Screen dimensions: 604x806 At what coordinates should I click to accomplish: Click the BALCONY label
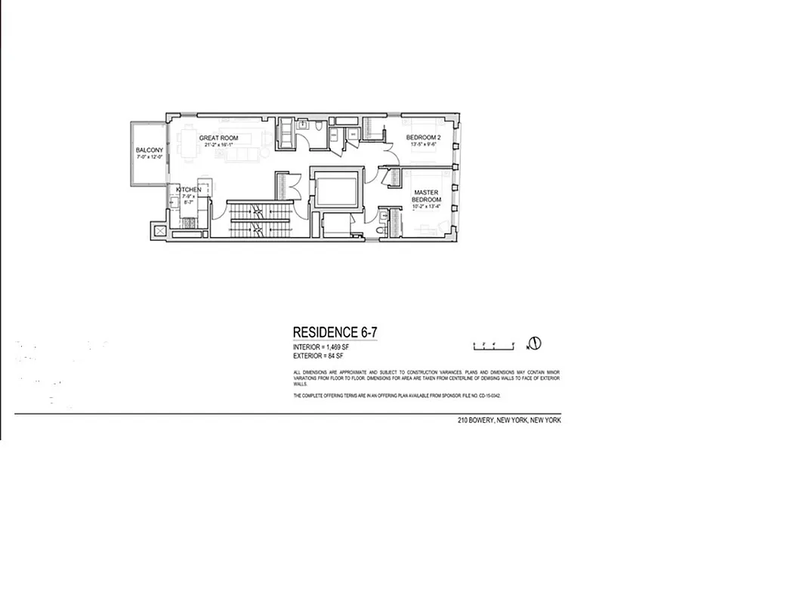150,150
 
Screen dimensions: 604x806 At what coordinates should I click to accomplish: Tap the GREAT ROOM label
219,138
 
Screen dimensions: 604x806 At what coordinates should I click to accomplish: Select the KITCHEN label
189,190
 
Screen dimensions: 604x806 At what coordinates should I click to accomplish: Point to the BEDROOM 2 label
423,137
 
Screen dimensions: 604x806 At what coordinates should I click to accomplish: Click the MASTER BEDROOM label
426,196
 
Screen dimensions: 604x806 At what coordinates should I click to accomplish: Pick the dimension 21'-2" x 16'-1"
220,145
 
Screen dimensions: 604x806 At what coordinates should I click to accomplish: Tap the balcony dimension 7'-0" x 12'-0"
150,157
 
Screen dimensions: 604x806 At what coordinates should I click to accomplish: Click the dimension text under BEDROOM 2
423,144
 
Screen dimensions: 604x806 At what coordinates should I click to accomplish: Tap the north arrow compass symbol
534,344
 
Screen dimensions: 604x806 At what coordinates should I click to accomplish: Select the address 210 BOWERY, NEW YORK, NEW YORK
509,421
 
